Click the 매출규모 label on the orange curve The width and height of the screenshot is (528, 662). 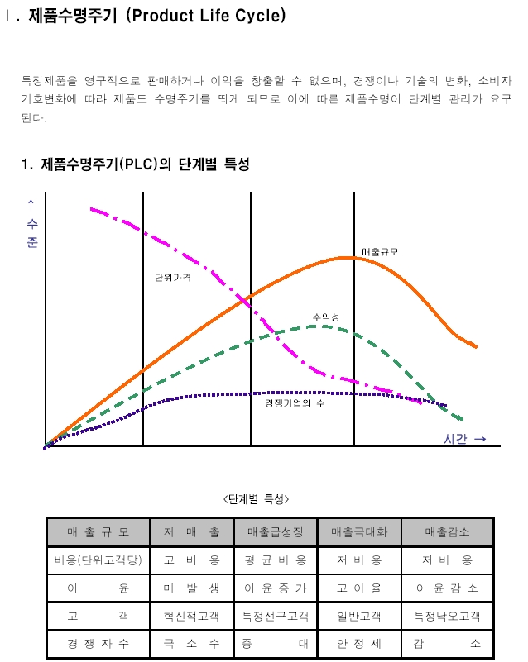click(x=380, y=252)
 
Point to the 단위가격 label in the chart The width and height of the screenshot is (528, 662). click(x=172, y=278)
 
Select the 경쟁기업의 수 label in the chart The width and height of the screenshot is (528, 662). click(x=295, y=402)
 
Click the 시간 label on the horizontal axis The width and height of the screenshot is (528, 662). click(x=455, y=439)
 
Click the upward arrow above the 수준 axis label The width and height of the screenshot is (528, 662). click(x=31, y=204)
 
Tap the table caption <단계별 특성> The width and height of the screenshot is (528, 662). click(x=257, y=498)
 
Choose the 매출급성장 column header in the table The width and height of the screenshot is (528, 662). click(x=275, y=532)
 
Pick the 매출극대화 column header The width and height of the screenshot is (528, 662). click(x=359, y=532)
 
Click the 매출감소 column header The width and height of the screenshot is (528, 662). click(x=448, y=532)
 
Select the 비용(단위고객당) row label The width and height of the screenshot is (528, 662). click(x=98, y=560)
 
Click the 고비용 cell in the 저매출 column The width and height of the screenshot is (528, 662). click(x=192, y=560)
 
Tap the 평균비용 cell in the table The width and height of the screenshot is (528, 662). click(x=275, y=560)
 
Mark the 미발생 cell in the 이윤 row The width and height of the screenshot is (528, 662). click(x=192, y=588)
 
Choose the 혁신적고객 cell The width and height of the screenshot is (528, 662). click(x=192, y=616)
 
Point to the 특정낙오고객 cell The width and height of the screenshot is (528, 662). click(x=448, y=616)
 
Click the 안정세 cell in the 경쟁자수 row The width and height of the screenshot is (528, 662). click(x=359, y=643)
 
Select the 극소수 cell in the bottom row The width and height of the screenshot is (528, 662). click(x=192, y=643)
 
